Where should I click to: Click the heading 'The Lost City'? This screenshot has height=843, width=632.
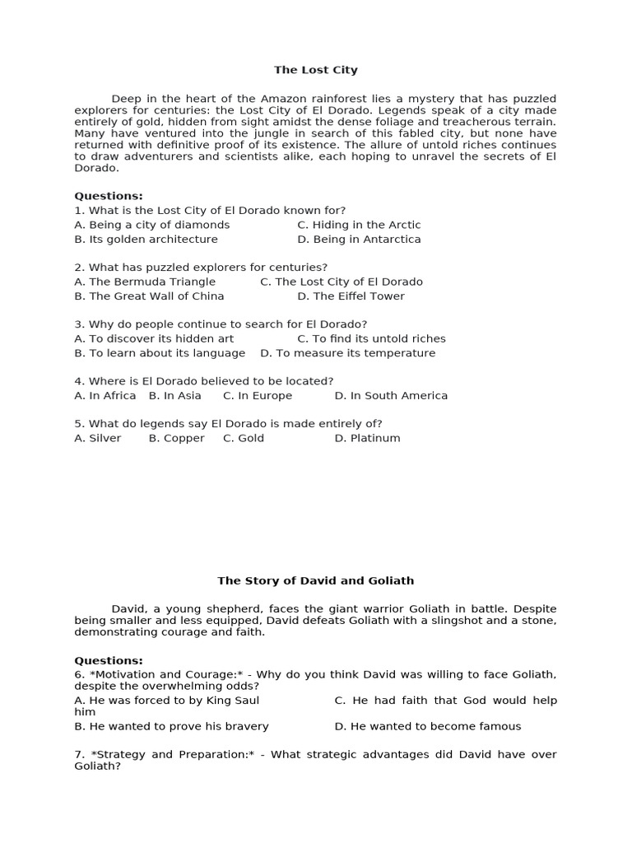coord(316,70)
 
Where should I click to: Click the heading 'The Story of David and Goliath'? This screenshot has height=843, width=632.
coord(316,580)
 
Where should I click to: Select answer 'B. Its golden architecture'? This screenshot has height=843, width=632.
coord(146,239)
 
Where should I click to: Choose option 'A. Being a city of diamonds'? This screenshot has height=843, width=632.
coord(151,224)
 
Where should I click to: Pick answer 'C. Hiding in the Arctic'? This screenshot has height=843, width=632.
coord(359,224)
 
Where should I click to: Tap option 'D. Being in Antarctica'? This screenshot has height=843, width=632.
coord(359,239)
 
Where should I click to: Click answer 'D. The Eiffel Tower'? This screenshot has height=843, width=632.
coord(351,296)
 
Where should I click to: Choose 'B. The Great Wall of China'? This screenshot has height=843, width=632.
coord(149,296)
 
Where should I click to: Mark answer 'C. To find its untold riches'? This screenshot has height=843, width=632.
coord(371,338)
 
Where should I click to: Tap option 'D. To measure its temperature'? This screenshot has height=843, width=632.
coord(347,352)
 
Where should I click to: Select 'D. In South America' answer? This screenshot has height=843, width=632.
coord(391,395)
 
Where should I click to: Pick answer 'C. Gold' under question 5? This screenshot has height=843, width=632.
coord(244,438)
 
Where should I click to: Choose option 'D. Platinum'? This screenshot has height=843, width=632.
coord(367,438)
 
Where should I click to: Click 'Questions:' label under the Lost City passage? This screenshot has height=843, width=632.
coord(109,196)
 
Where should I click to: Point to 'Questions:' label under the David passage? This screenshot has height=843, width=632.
coord(109,660)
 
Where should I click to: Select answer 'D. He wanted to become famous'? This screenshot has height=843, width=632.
coord(428,726)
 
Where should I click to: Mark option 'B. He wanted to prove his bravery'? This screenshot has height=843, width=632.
coord(171,726)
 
